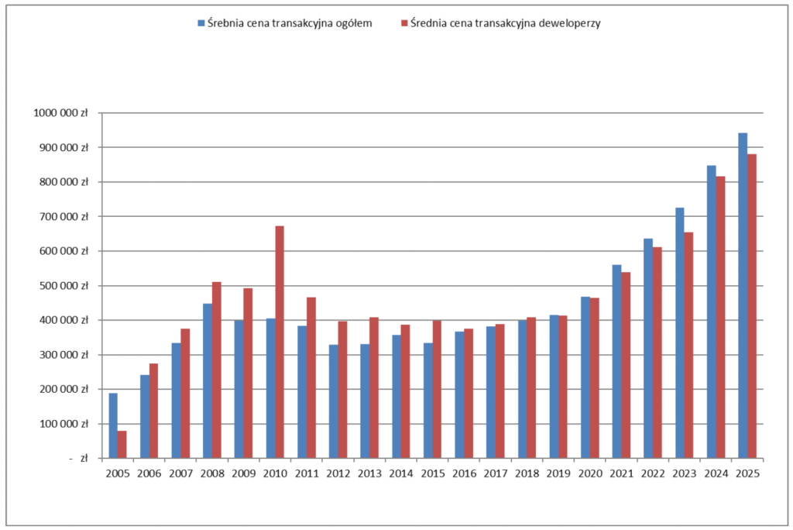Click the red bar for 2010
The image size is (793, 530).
coord(280,342)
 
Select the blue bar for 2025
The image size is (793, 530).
coord(743,296)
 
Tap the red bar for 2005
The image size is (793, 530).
coord(122,445)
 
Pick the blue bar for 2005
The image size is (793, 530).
coord(113,425)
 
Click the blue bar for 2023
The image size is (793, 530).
coord(680,332)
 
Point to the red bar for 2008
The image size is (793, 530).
coord(217,370)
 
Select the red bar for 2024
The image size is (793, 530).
coord(720,318)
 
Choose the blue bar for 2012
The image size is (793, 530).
coord(333,401)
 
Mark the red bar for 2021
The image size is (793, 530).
coord(626,365)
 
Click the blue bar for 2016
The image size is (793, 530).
coord(459,395)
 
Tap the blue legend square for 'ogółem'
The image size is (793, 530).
coord(201,22)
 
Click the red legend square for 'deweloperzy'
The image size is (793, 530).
coord(404,22)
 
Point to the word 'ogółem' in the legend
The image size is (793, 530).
coord(353,23)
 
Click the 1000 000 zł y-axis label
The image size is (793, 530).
coord(60,113)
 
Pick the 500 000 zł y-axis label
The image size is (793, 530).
coord(64,286)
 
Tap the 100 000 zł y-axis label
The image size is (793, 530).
coord(64,424)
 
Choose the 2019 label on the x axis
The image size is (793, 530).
coord(558,473)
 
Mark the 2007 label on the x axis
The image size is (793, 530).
coord(180,473)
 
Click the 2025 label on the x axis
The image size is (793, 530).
coord(747,473)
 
